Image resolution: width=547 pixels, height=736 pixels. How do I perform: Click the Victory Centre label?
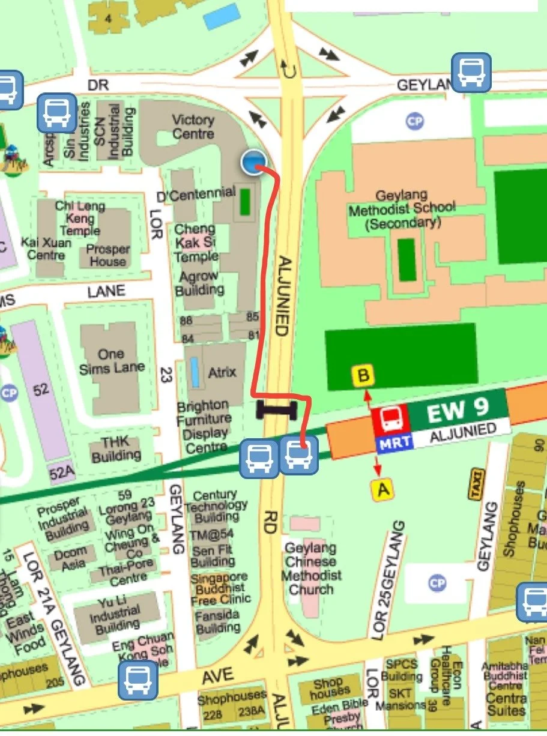(x=193, y=126)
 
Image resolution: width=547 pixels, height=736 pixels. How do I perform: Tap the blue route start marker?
(x=255, y=162)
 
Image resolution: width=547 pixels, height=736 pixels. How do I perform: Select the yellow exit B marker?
(x=363, y=376)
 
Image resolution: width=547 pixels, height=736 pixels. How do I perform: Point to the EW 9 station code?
(x=454, y=411)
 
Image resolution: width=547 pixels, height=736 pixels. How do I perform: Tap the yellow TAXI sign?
(x=477, y=483)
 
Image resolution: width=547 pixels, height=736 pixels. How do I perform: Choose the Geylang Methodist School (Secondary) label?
(x=402, y=209)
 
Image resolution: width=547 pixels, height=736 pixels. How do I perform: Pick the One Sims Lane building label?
(x=112, y=361)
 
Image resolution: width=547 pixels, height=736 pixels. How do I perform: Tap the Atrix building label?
(x=222, y=372)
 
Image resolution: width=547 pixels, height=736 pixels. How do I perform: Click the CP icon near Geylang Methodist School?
(x=415, y=121)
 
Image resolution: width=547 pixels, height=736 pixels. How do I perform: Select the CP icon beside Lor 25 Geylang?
(x=437, y=583)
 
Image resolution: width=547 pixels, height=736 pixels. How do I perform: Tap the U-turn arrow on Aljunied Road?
(x=291, y=71)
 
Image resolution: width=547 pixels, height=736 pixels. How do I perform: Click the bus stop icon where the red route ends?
(x=299, y=456)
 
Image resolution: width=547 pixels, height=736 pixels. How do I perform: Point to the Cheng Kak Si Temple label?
(x=196, y=243)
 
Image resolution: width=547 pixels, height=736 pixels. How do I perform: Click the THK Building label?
(x=115, y=449)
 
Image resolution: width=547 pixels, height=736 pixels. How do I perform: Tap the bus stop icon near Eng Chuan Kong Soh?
(x=138, y=680)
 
